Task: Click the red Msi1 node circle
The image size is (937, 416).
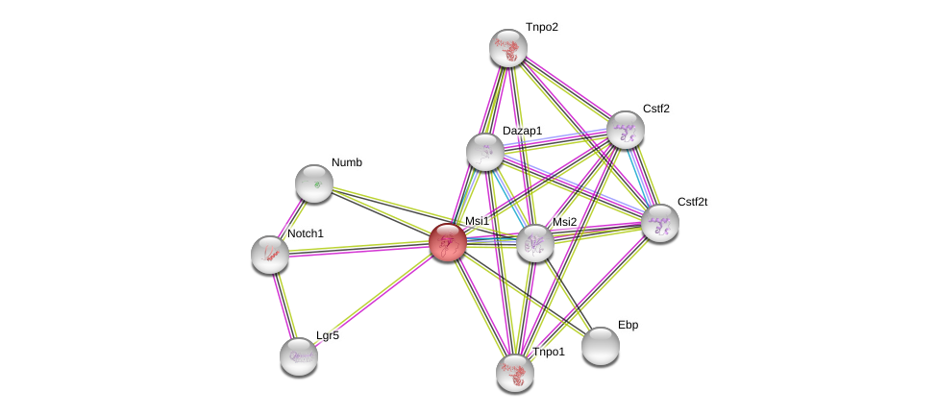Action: (447, 242)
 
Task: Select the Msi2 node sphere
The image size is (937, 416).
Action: (535, 243)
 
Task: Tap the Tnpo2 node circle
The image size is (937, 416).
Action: (508, 48)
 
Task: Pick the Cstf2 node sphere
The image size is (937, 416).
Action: (625, 130)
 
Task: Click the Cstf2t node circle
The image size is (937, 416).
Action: (660, 223)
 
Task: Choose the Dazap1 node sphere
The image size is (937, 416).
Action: (485, 152)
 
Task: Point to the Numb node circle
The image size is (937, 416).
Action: (314, 184)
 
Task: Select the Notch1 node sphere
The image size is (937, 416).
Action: (270, 254)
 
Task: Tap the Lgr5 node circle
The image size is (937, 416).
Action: (299, 356)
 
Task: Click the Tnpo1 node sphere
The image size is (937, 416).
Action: (515, 373)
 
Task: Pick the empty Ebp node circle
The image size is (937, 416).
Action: (601, 346)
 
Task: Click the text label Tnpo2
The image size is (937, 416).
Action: (541, 27)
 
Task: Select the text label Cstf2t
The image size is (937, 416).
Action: (692, 202)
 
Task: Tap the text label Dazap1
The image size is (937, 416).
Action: (522, 131)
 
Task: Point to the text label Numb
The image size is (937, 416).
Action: (347, 162)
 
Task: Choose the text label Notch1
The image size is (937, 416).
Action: (306, 233)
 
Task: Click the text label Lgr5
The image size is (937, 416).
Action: (328, 335)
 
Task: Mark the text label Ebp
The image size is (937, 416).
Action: (628, 325)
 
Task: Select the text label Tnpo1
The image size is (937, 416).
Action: (549, 352)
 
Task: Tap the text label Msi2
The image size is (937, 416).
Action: (564, 222)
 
